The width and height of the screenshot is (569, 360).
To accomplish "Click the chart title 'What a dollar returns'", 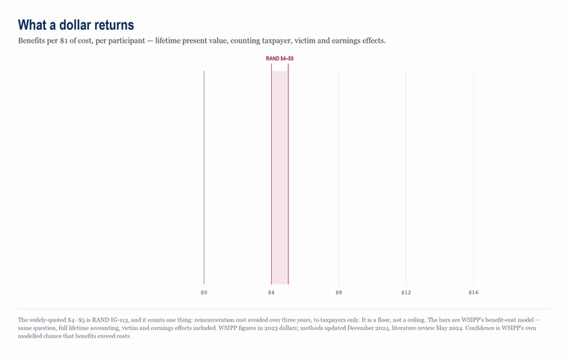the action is pos(76,25).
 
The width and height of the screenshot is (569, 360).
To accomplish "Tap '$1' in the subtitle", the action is pos(64,40).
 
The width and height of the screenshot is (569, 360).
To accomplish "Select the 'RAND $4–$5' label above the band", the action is pos(280,58).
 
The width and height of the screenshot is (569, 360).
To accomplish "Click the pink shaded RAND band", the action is pos(280,177).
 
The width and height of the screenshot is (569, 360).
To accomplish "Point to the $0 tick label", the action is pos(204,293).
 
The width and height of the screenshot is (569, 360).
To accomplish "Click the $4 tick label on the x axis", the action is pos(272,293).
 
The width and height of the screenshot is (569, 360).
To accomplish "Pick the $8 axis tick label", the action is pos(338,293).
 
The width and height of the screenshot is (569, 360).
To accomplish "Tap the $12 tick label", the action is pos(406,293).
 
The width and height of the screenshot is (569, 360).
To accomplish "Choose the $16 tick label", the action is pos(474,293).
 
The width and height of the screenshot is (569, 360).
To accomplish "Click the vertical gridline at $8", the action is pos(338,177).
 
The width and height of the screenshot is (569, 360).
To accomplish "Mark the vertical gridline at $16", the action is pos(474,177).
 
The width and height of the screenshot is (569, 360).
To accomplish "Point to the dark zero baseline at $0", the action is pos(204,177).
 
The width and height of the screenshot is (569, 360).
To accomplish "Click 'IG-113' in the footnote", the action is pos(119,320).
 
